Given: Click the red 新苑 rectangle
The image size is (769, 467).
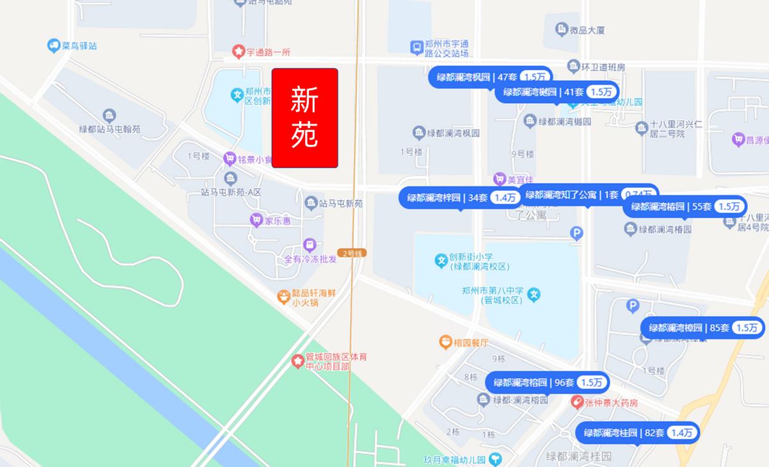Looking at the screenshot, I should tap(305, 118).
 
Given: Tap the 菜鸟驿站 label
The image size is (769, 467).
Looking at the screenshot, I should tap(79, 45).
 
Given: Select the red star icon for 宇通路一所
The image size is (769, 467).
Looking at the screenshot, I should tap(238, 51).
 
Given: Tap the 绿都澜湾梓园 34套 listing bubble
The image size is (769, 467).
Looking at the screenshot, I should tap(460, 198).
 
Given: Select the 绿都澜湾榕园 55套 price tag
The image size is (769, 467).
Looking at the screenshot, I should tap(684, 206).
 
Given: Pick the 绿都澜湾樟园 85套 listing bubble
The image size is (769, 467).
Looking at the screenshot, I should tap(702, 328).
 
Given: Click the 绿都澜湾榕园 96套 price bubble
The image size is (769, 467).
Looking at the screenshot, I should tap(548, 383).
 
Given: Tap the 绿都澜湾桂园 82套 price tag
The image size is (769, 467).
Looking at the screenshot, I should tap(638, 433).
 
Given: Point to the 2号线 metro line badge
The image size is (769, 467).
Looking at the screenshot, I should tap(353, 253).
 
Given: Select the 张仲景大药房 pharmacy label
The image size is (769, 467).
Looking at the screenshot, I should tap(612, 403).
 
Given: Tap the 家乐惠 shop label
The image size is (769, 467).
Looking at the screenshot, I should tap(279, 221).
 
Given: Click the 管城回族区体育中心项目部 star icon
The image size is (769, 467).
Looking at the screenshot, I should tap(298, 361).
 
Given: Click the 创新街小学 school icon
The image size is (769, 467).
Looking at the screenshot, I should tap(441, 261).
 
